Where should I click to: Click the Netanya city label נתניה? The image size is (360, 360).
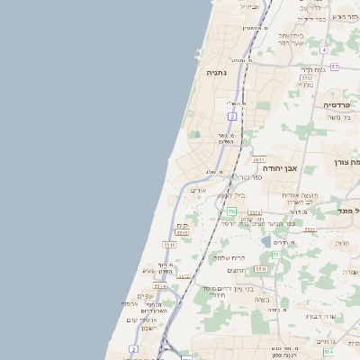(x=216, y=72)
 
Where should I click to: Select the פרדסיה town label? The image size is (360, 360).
(x=339, y=104)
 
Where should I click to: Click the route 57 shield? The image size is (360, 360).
(x=335, y=67)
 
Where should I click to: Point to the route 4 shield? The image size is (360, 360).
(x=323, y=49)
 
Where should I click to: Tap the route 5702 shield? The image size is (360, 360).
(x=308, y=78)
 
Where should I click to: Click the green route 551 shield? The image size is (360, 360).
(x=231, y=211)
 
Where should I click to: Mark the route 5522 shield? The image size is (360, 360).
(x=310, y=229)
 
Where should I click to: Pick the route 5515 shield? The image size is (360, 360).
(x=183, y=232)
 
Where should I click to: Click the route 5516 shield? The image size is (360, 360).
(x=169, y=244)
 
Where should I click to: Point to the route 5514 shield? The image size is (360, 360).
(x=159, y=286)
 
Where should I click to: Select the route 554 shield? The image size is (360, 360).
(x=277, y=255)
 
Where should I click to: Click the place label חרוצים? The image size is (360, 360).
(x=237, y=270)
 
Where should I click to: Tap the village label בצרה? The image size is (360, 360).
(x=262, y=300)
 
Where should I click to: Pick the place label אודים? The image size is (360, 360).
(x=199, y=190)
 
